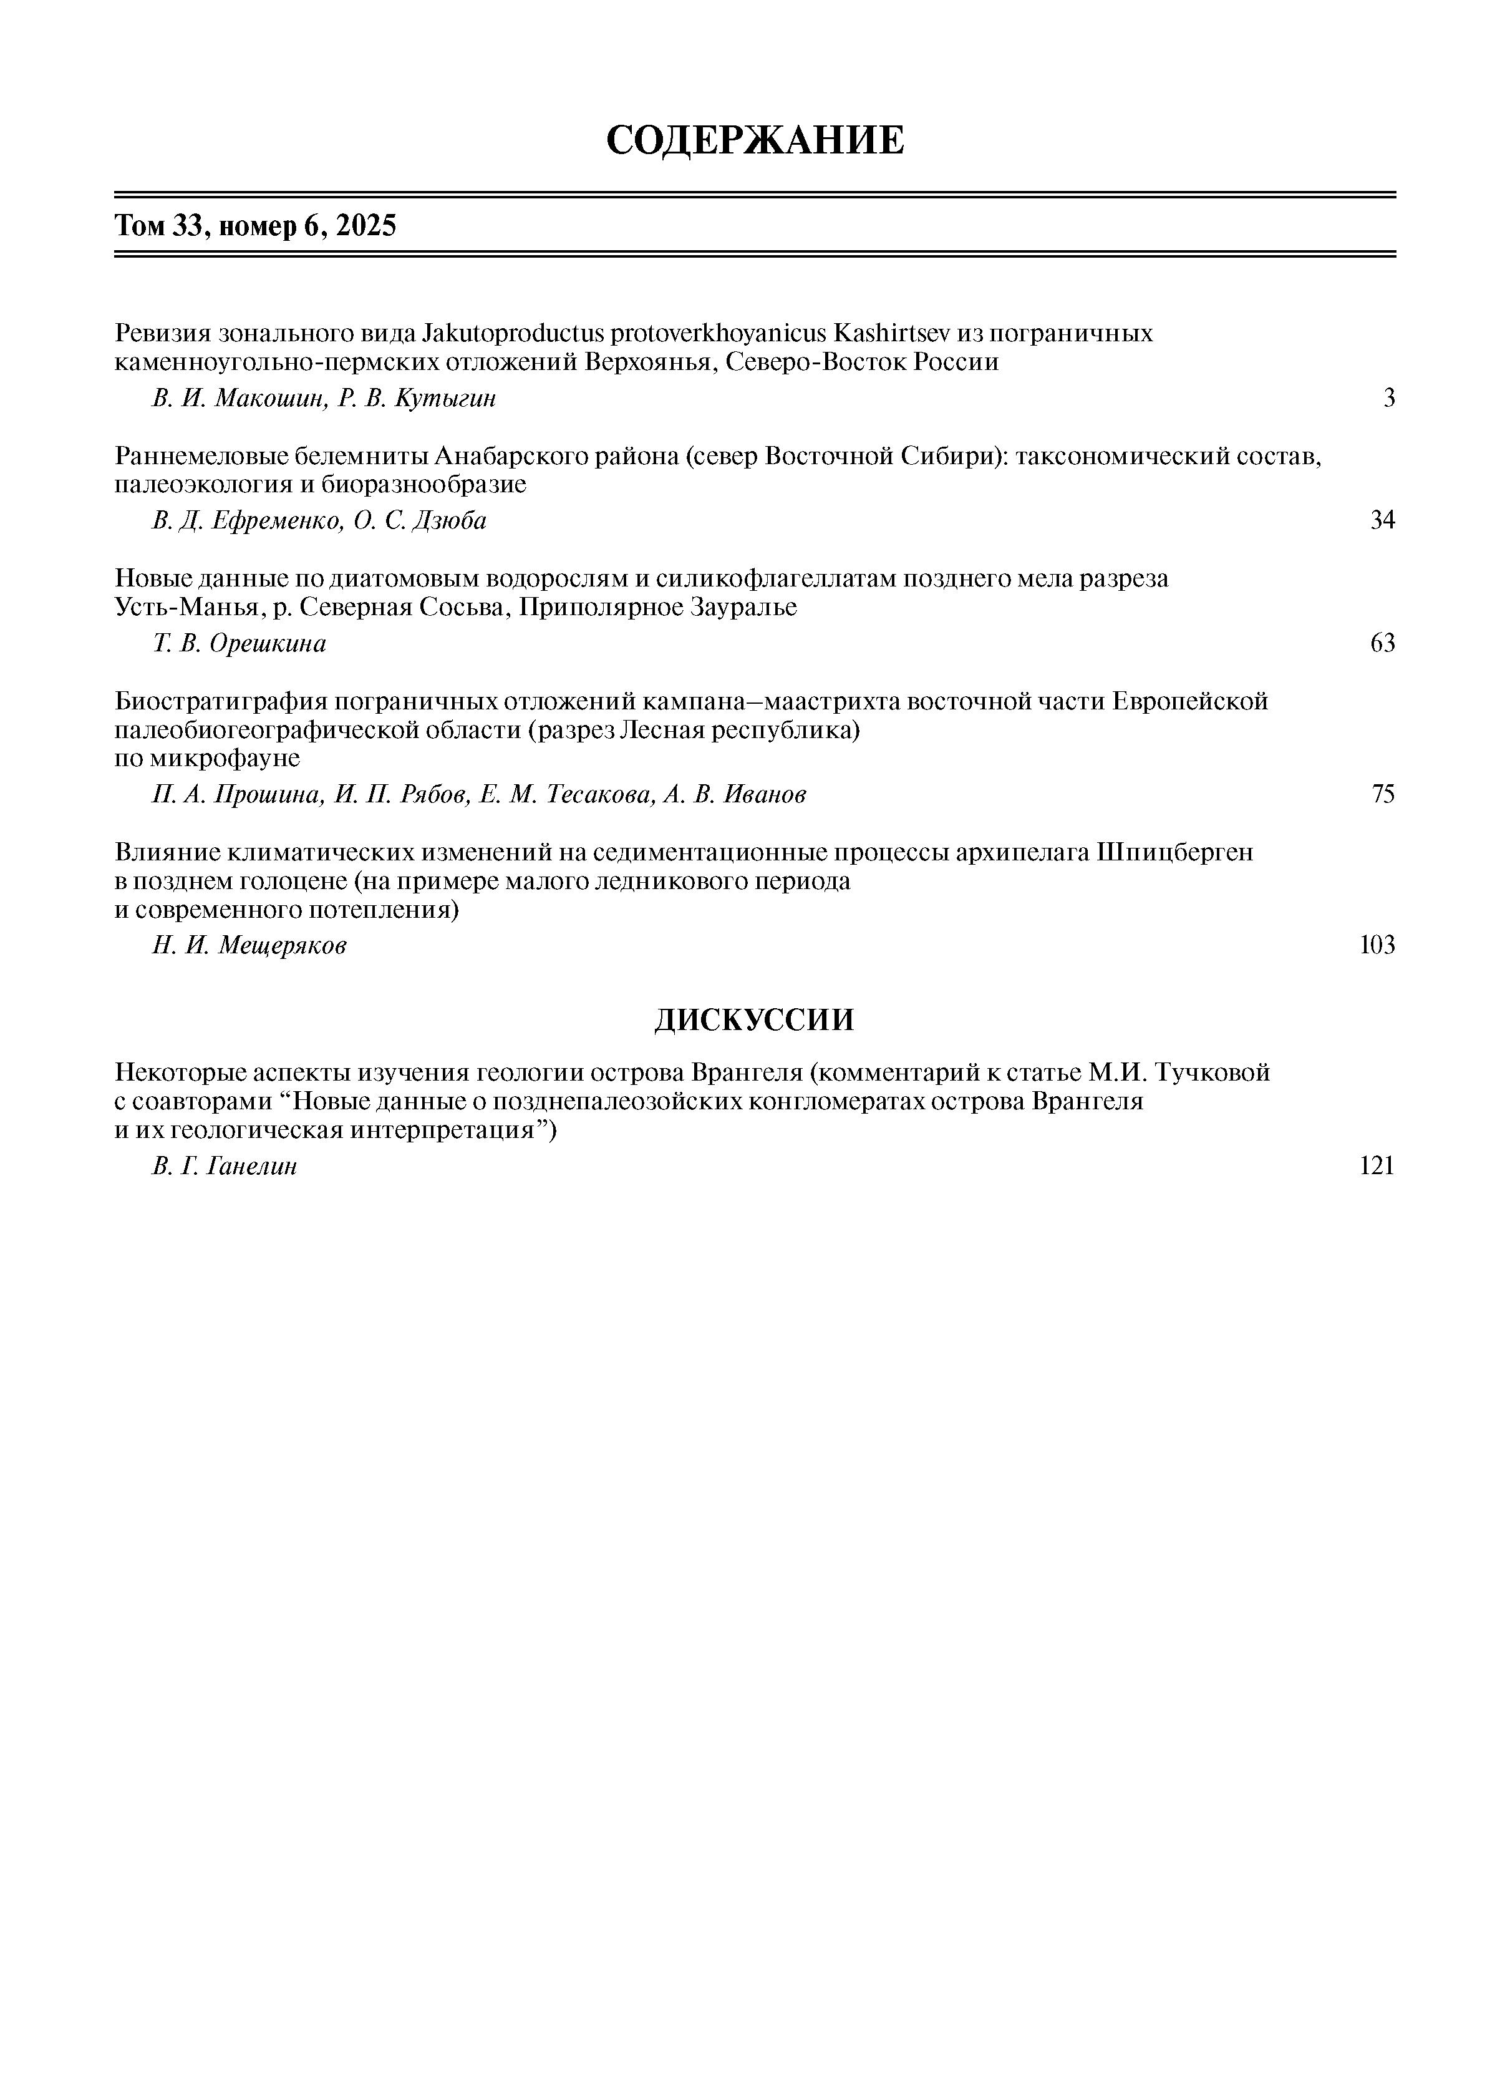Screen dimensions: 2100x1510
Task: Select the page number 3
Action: coord(1389,398)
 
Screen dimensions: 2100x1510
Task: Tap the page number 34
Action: coord(1382,520)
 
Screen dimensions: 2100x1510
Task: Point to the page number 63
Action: coord(1382,643)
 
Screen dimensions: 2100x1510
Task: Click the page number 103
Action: coord(1377,945)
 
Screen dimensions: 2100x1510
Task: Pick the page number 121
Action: coord(1377,1166)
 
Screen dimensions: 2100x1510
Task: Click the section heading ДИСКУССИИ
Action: coord(755,1019)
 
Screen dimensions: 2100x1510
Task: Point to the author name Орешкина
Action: coord(268,643)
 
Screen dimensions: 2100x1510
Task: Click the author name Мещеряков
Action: coord(283,945)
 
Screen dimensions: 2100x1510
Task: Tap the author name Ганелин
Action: coord(252,1166)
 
